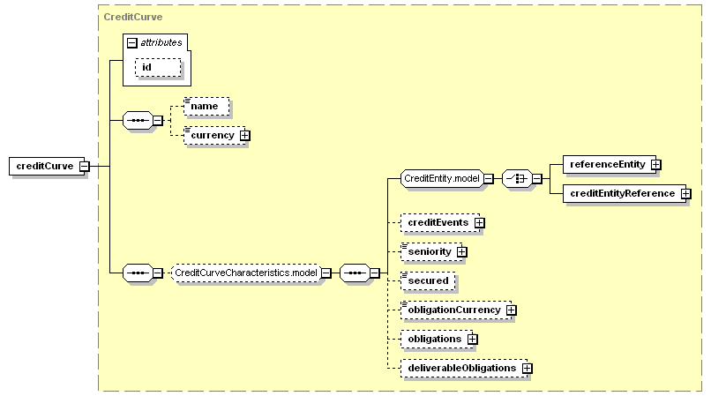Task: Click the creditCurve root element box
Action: click(47, 166)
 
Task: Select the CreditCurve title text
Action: click(133, 17)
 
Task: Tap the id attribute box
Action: click(158, 67)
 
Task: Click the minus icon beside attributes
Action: click(132, 42)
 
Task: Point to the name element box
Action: click(206, 106)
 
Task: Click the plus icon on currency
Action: click(245, 135)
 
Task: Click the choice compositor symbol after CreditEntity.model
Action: click(517, 179)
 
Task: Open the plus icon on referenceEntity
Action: click(655, 165)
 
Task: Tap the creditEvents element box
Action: click(440, 223)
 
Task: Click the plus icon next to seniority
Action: click(461, 251)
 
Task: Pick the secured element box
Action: click(428, 280)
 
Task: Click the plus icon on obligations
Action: click(473, 339)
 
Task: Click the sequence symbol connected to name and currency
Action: click(138, 121)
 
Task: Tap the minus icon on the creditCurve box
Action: click(85, 167)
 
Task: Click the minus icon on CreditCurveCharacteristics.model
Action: click(326, 273)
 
